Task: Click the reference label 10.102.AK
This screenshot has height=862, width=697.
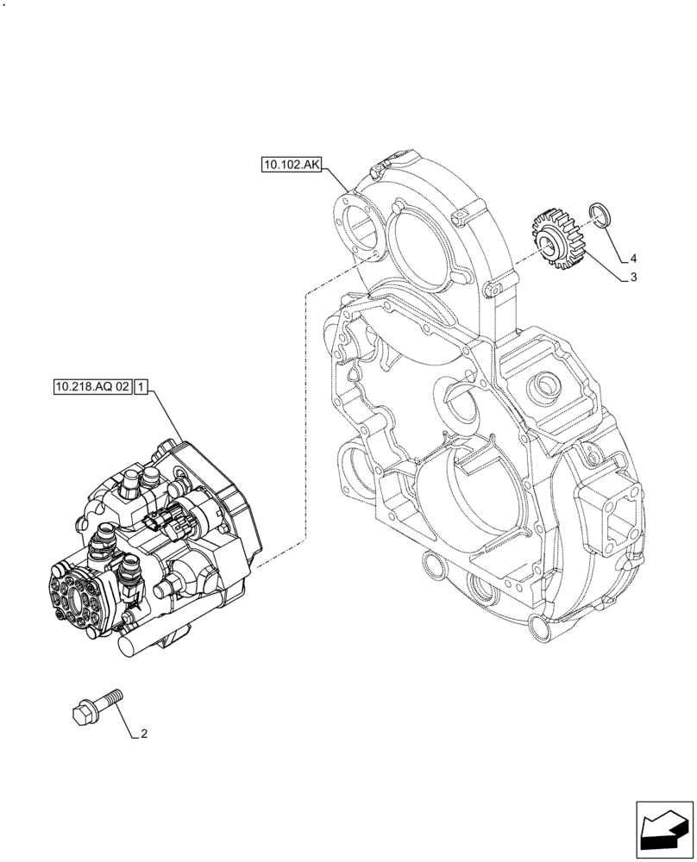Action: tap(291, 165)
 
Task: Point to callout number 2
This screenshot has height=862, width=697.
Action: tap(143, 734)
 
